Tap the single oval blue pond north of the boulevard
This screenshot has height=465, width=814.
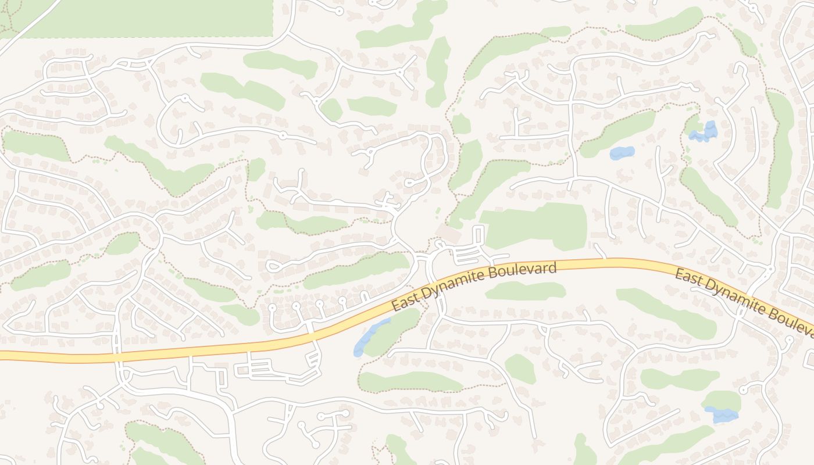(622, 153)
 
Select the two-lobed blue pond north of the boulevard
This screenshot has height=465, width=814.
(705, 133)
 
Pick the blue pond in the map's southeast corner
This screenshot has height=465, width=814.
(721, 414)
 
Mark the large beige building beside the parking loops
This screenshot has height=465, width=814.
(448, 234)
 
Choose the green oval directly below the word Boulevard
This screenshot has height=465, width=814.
(525, 291)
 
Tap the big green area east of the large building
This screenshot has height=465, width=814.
(535, 226)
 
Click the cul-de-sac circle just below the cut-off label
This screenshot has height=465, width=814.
(789, 339)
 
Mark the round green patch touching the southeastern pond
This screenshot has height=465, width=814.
(723, 401)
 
